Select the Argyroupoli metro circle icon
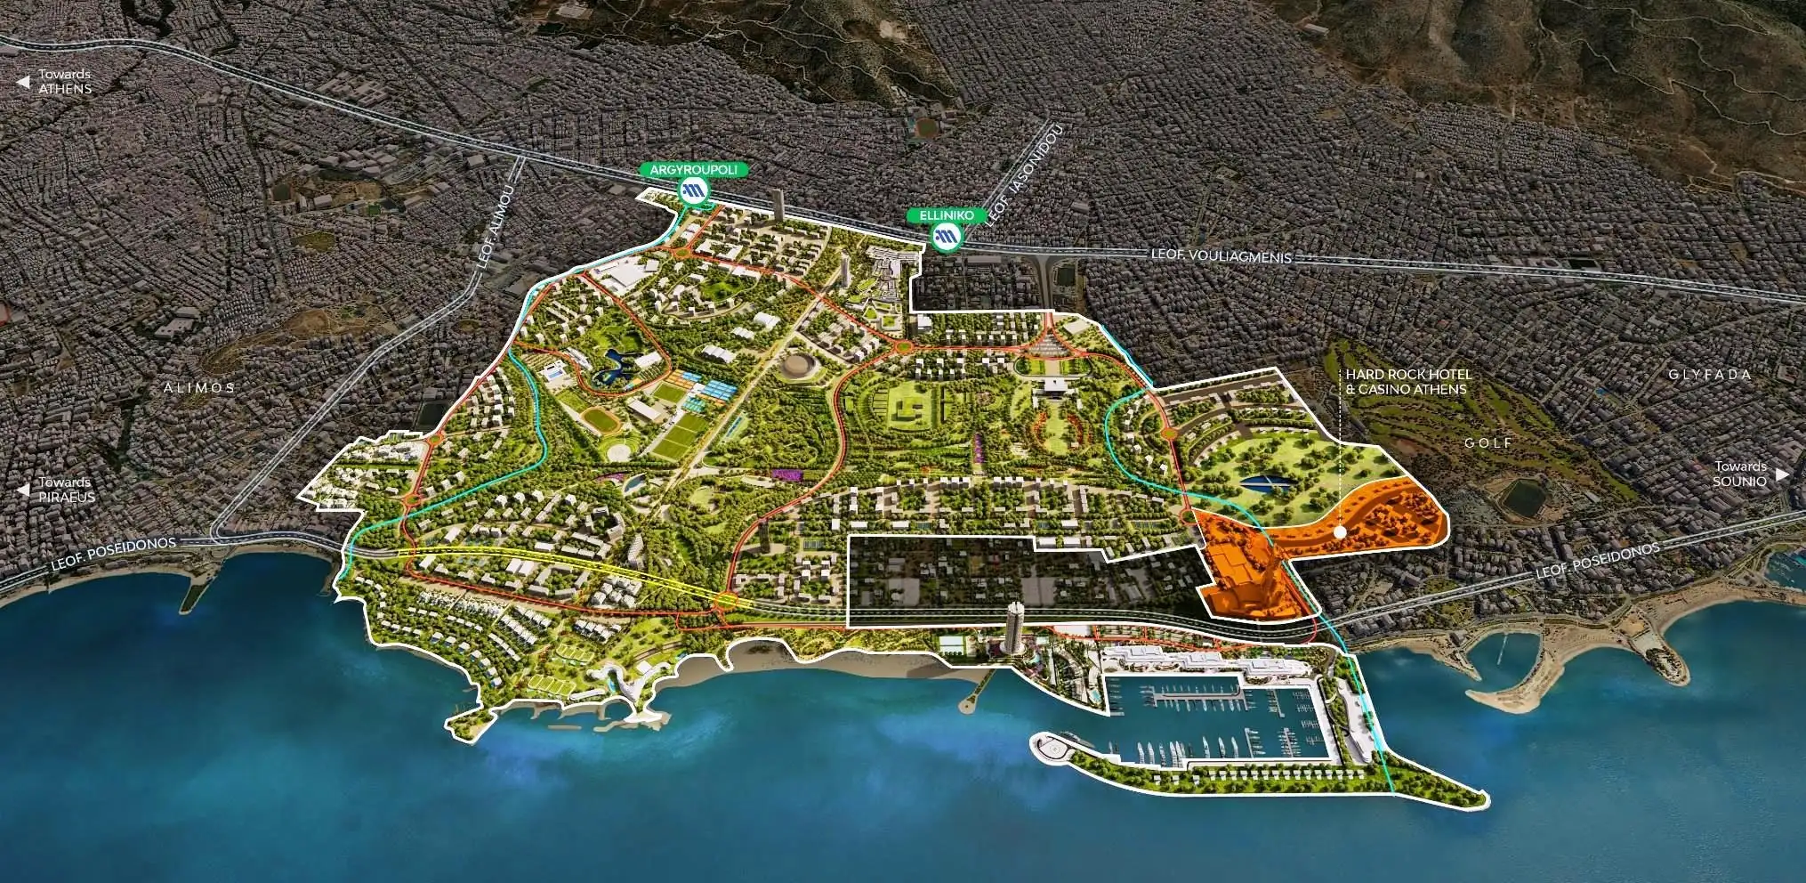tap(694, 190)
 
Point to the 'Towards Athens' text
tap(64, 82)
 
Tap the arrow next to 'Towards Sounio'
tap(1781, 474)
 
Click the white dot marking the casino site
tap(1340, 531)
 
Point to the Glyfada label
tap(1710, 375)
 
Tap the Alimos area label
tap(199, 388)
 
